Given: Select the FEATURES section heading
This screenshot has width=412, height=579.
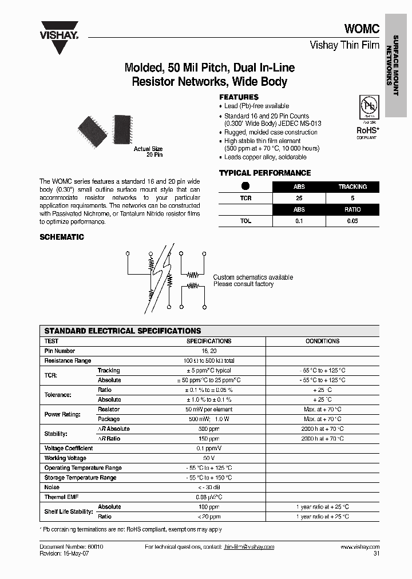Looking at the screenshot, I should tap(239, 97).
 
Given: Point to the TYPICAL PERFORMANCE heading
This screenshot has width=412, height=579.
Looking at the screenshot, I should tap(265, 173).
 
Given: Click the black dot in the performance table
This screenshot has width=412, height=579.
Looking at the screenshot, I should tap(245, 186).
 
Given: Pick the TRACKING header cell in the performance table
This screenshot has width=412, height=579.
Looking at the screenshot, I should tap(352, 187).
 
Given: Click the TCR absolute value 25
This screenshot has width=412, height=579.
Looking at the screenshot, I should tap(299, 198).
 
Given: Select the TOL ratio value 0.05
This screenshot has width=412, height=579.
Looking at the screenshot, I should tap(352, 221).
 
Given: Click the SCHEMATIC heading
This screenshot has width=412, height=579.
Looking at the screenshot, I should tap(61, 237).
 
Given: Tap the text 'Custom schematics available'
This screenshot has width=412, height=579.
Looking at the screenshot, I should tap(253, 277).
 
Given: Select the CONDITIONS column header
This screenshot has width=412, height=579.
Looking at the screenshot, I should tap(322, 341).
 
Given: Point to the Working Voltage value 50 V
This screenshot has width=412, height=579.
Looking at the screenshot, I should tap(209, 458).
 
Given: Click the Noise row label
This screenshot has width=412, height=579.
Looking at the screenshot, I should tap(52, 487).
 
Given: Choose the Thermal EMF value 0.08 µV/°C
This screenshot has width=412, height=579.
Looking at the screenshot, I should tap(209, 497).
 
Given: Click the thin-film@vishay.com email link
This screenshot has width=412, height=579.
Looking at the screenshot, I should tap(248, 547).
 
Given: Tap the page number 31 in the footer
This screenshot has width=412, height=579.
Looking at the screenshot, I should tap(376, 554).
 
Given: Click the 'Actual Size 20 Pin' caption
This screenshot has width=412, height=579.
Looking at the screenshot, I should tap(148, 152).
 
